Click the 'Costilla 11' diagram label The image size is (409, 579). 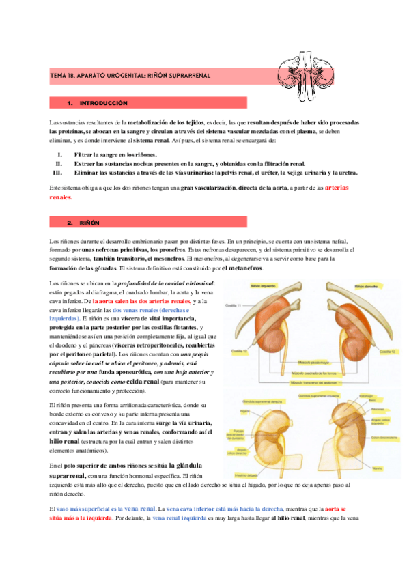(236, 305)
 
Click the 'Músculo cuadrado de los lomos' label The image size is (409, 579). (315, 373)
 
